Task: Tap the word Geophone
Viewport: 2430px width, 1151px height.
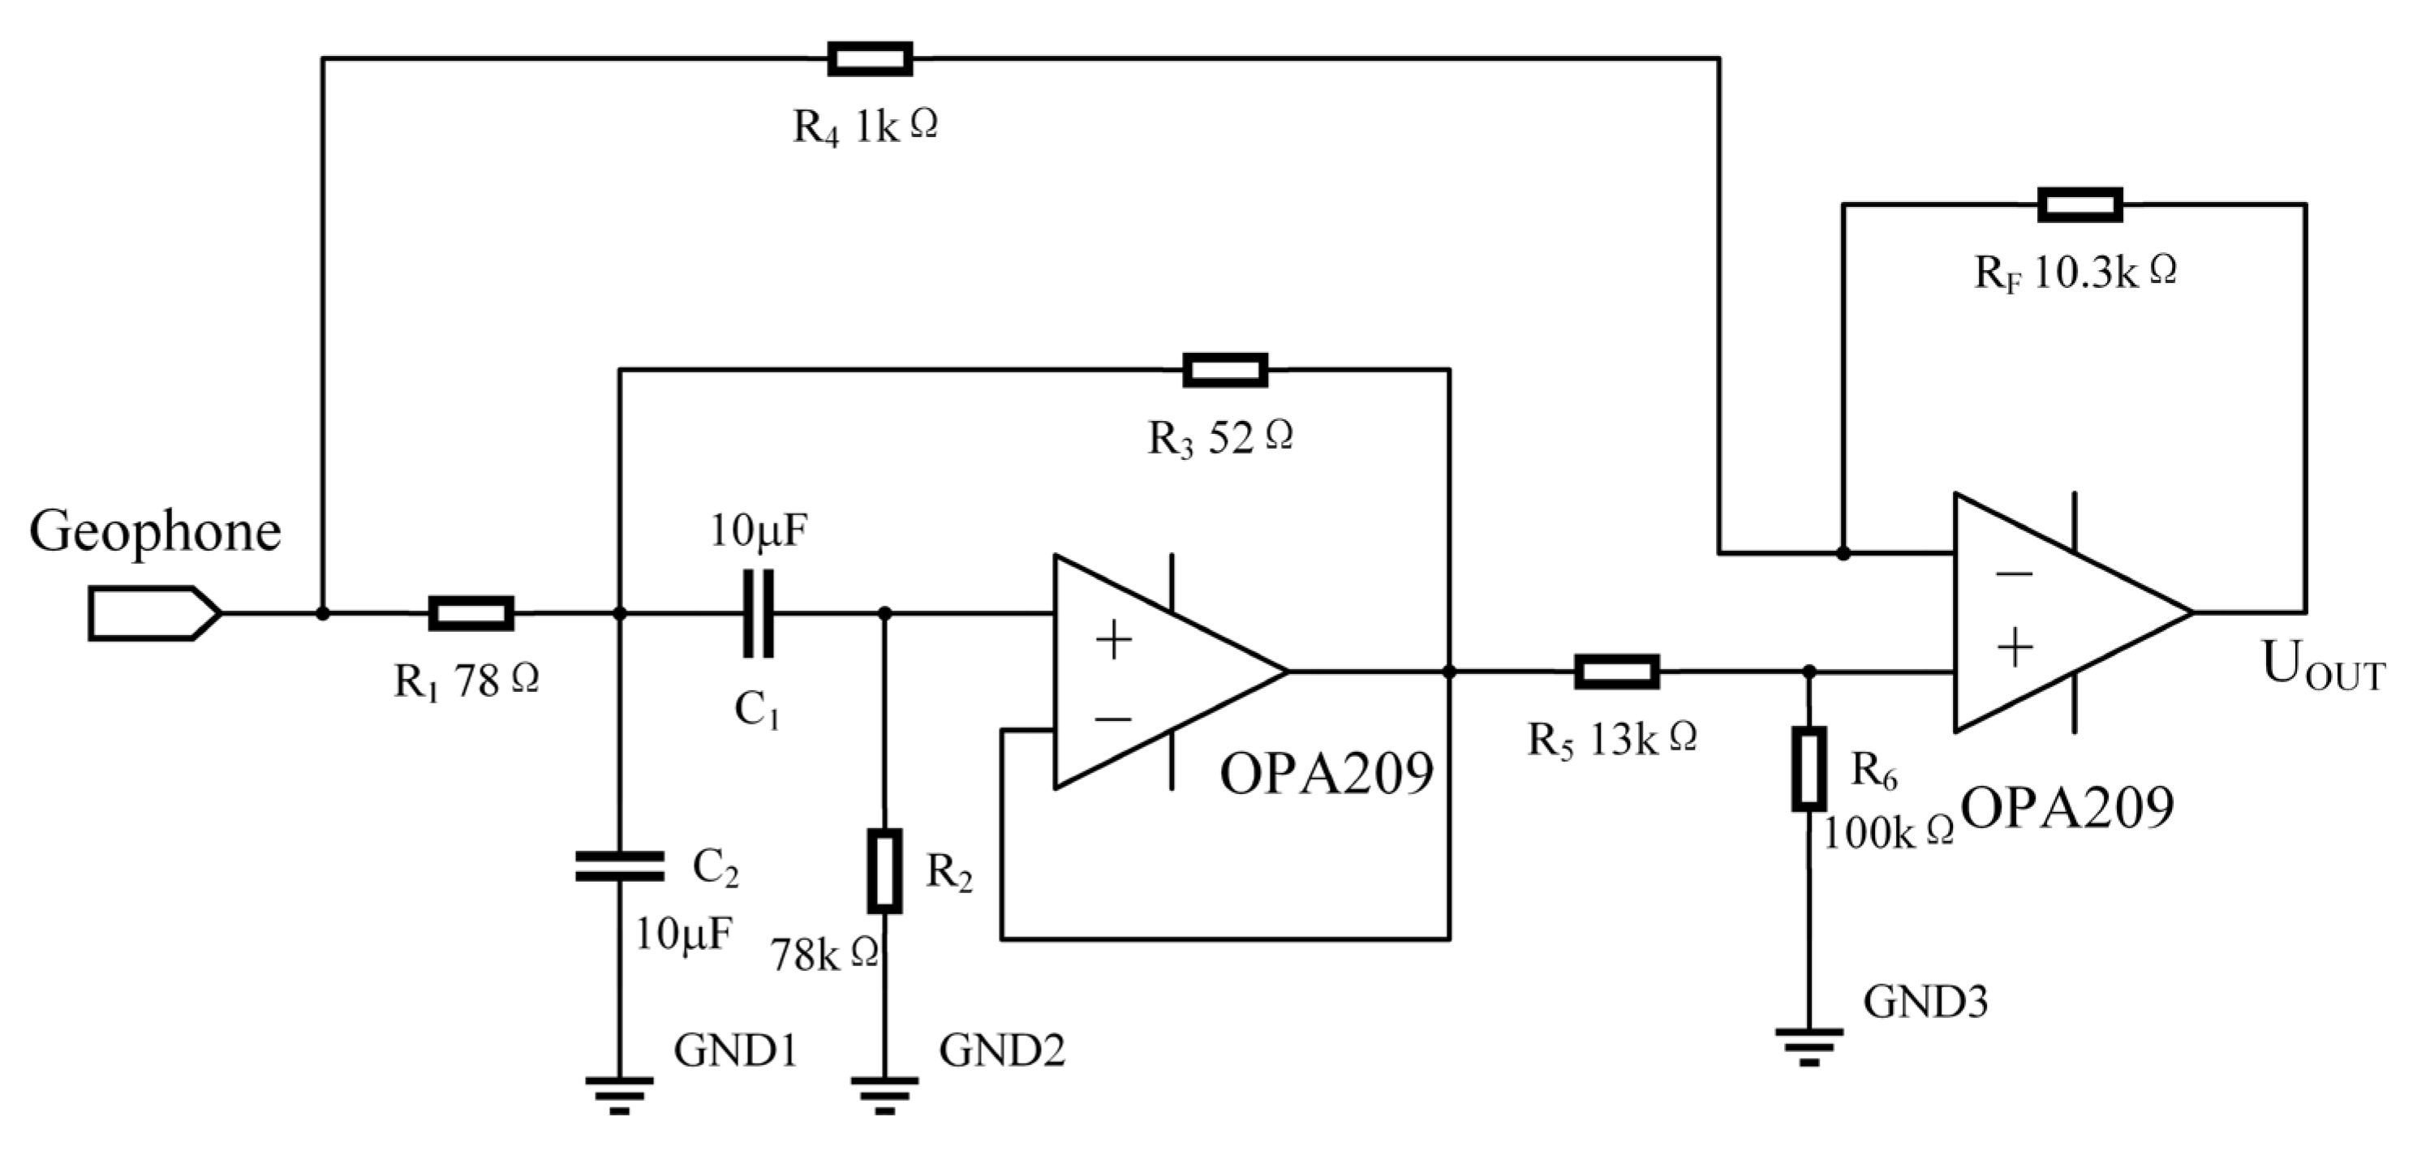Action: tap(155, 532)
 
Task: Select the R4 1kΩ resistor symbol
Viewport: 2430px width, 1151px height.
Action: tap(870, 58)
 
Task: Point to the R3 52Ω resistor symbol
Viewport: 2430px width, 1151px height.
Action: tap(1224, 370)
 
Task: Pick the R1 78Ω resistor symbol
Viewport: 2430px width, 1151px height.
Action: tap(471, 613)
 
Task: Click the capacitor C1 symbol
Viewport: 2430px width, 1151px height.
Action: tap(758, 613)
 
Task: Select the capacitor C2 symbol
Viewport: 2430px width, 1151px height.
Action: tap(619, 866)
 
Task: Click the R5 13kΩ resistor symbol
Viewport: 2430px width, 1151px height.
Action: tap(1617, 672)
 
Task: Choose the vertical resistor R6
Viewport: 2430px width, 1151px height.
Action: tap(1809, 768)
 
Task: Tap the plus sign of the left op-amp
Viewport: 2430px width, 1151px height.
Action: tap(1113, 641)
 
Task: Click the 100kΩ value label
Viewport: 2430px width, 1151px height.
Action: tap(1886, 832)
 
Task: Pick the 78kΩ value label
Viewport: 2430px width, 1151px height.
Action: tap(824, 955)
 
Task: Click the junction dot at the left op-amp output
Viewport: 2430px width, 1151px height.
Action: tap(1449, 672)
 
